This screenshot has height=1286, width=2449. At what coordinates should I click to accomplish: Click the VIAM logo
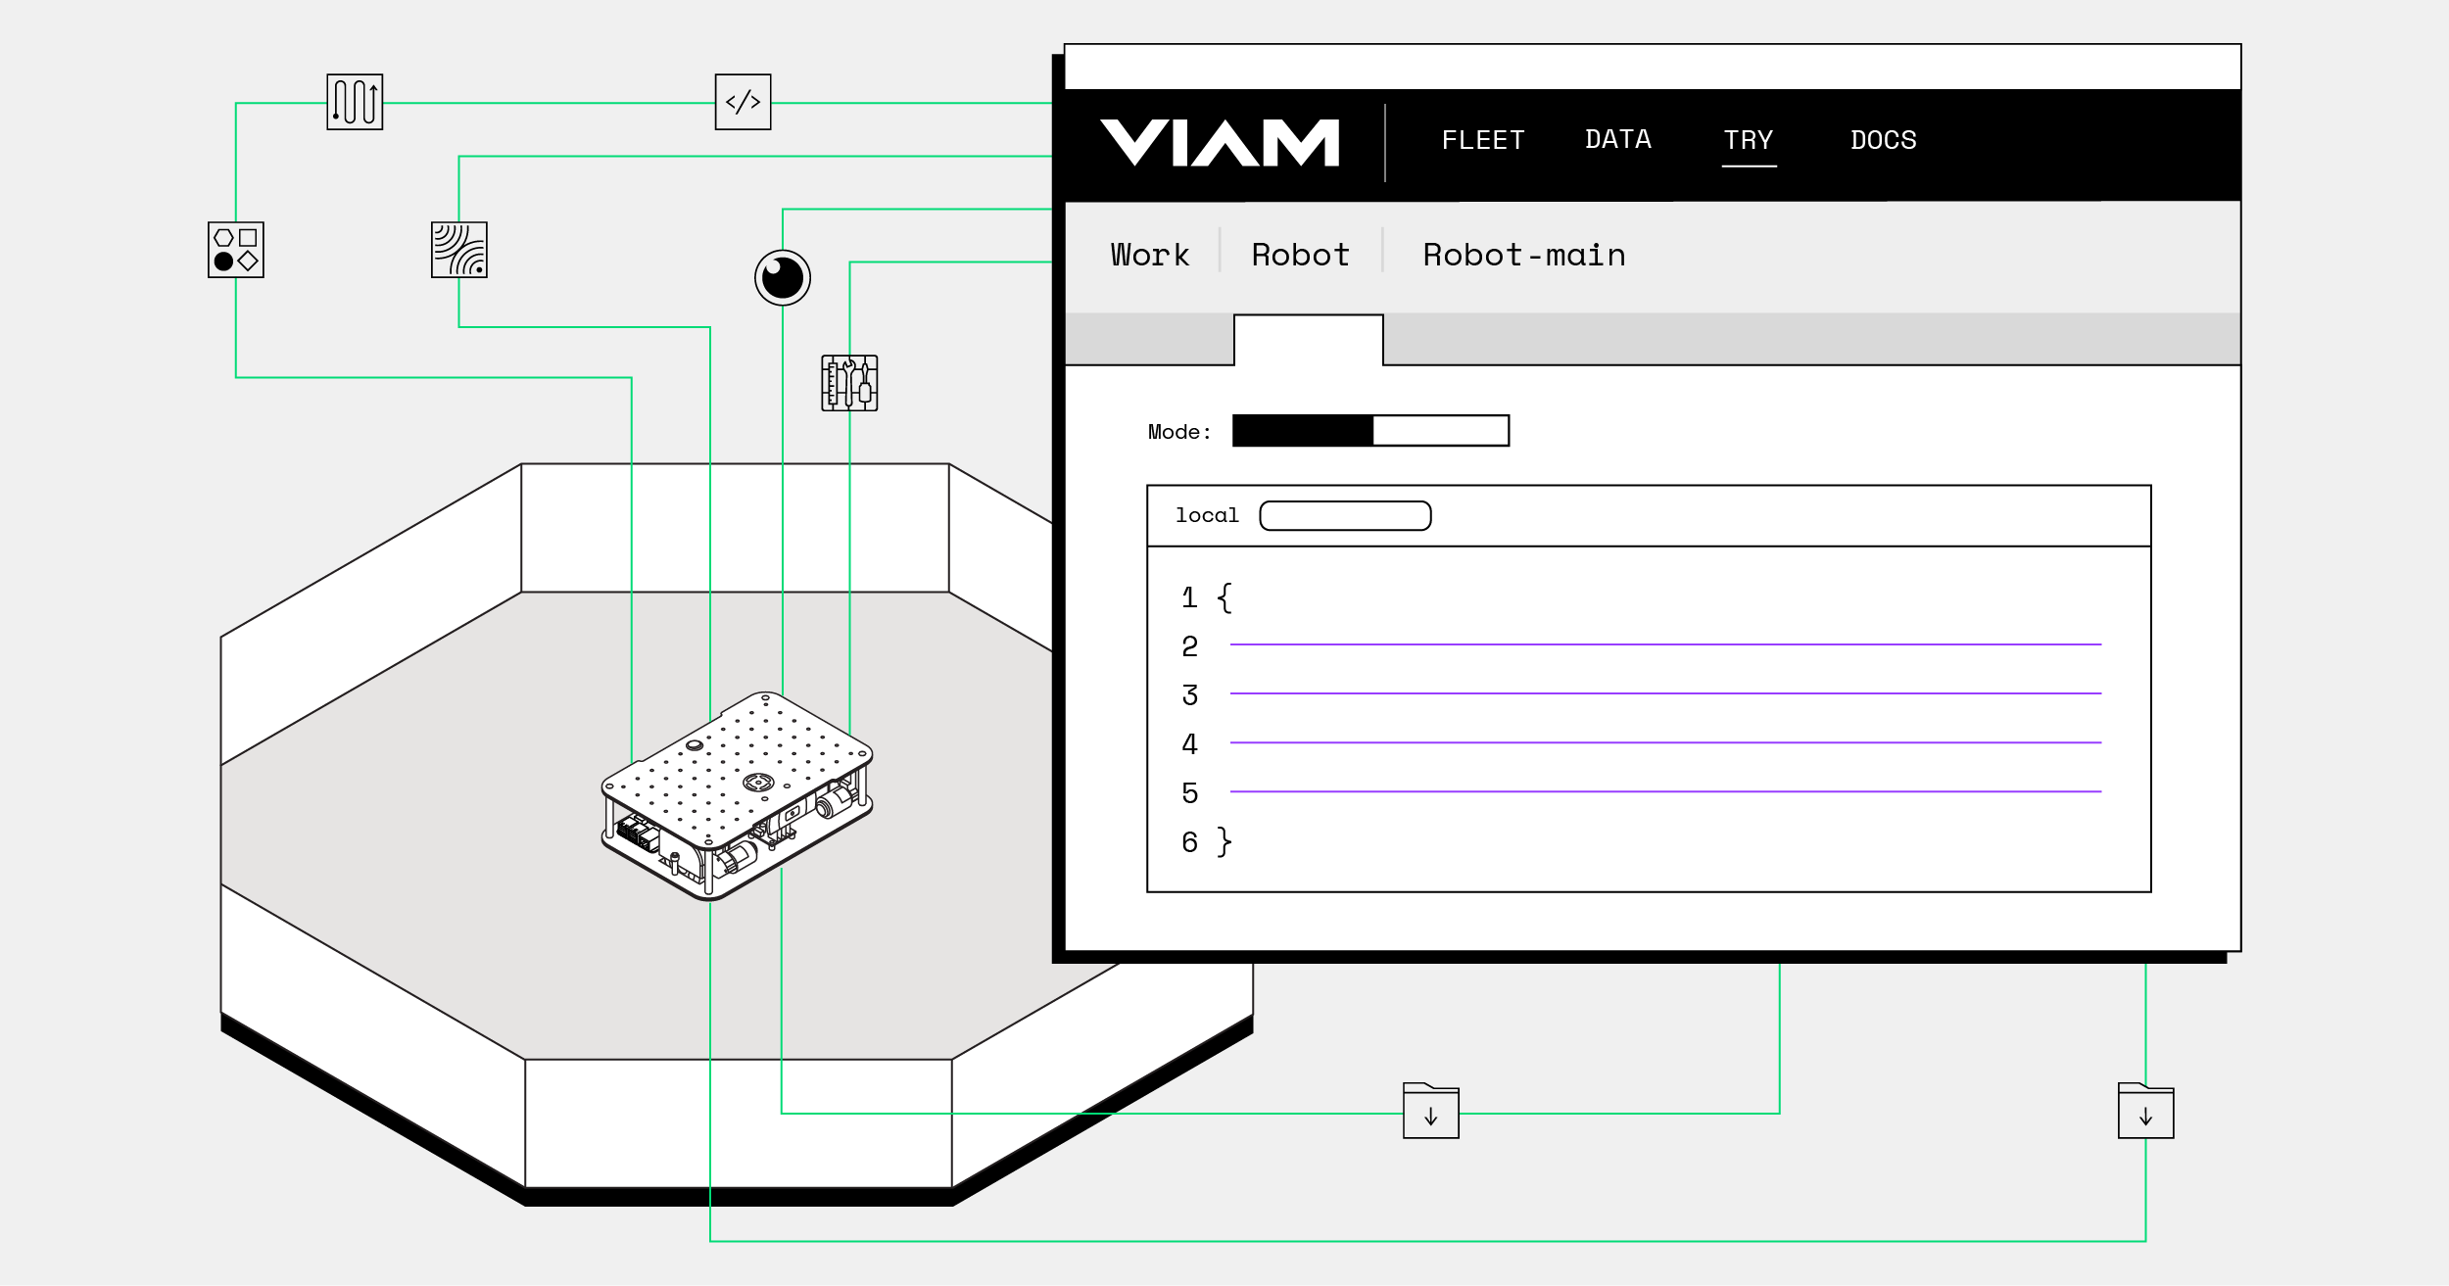pos(1219,143)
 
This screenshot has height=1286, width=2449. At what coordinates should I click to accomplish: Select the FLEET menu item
pos(1482,141)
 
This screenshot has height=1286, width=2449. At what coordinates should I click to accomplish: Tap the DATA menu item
pos(1617,140)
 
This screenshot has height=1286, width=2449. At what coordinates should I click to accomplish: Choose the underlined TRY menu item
pos(1748,141)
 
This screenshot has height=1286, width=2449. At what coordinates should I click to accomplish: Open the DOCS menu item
pos(1883,141)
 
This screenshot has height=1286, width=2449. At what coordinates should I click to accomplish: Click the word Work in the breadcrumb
pos(1149,256)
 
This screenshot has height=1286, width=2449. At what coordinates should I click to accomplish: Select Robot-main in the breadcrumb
pos(1523,256)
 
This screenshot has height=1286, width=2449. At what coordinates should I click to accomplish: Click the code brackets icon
pos(743,102)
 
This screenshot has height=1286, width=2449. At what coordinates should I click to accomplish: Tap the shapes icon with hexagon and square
pos(236,250)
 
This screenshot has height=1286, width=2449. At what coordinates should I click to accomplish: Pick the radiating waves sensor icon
pos(458,250)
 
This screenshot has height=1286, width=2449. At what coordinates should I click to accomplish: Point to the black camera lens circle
pos(783,278)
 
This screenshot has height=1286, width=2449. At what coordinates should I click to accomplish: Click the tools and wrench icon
pos(849,383)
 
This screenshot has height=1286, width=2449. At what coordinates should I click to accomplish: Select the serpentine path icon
pos(355,102)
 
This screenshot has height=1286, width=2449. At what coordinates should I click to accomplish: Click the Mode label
pos(1178,432)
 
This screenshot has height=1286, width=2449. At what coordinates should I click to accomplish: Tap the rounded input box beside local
pos(1345,516)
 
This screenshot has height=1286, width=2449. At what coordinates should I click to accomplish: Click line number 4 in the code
pos(1189,744)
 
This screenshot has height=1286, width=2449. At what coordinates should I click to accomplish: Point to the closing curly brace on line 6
pos(1224,842)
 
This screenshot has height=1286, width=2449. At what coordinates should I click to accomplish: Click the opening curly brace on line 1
pos(1224,597)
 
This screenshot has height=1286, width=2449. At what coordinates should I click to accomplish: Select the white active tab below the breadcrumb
pos(1308,340)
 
